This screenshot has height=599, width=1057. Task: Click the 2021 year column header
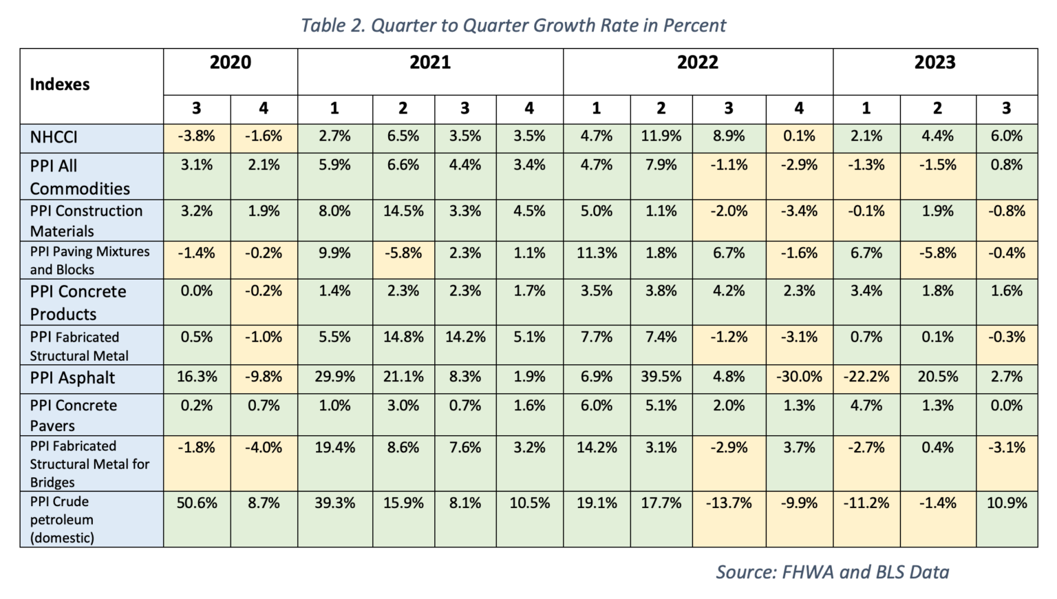click(430, 63)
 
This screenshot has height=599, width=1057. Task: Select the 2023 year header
click(935, 63)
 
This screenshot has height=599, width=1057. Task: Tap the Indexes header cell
click(60, 85)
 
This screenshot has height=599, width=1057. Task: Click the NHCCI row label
click(54, 137)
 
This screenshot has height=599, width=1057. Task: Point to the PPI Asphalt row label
click(72, 378)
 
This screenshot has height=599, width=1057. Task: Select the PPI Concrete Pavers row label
click(73, 414)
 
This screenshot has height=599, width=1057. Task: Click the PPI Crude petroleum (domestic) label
click(62, 519)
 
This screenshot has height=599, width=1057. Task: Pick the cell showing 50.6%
click(197, 503)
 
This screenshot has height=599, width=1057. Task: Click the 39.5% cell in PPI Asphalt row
click(661, 377)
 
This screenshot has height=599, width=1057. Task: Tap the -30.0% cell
click(799, 377)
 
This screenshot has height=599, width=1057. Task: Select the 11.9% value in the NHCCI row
click(661, 136)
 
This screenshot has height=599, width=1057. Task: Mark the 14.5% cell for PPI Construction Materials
click(403, 211)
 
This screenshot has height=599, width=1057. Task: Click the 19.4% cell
click(334, 448)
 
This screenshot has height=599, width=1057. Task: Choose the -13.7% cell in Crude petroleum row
click(729, 503)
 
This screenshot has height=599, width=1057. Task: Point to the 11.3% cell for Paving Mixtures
click(597, 253)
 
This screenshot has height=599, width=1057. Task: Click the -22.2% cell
click(866, 377)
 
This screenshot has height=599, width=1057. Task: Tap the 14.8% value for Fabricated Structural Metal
click(403, 337)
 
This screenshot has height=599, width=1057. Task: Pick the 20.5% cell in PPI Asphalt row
click(937, 377)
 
